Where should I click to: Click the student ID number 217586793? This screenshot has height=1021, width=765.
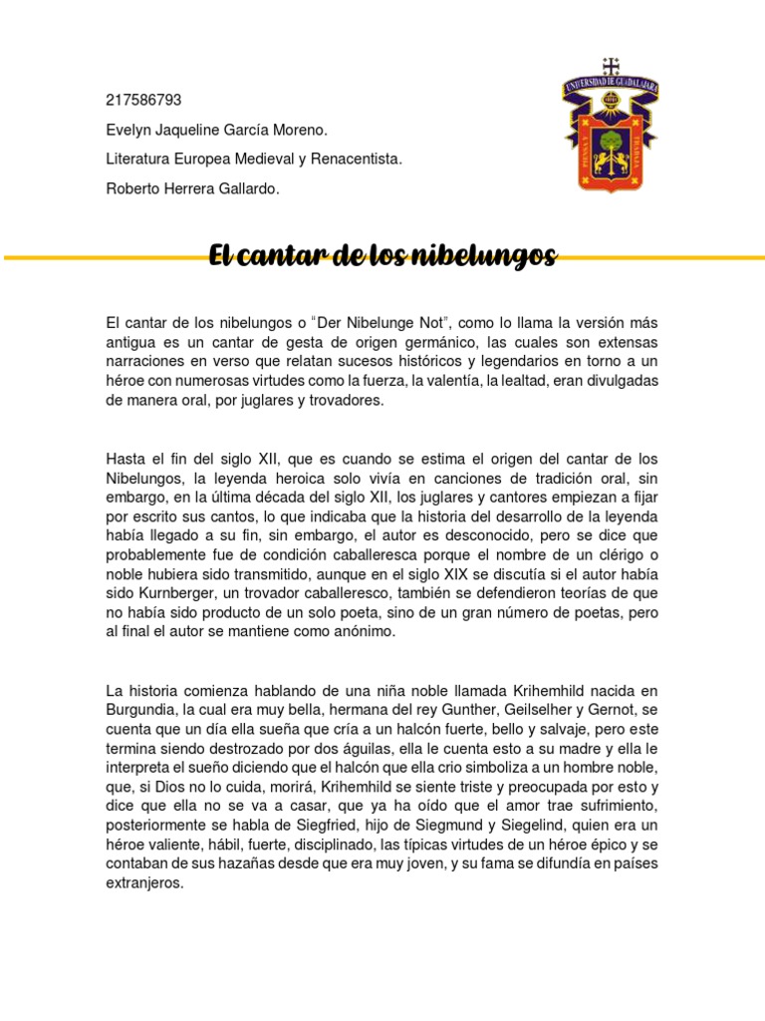coord(143,100)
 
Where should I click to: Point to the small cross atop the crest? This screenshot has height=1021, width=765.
coord(611,66)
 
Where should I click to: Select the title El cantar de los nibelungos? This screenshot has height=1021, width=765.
coord(382,257)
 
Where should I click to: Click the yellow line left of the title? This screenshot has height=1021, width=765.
coord(100,258)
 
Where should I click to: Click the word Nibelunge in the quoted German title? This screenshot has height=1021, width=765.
coord(387,323)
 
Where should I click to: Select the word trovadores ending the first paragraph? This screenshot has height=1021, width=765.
coord(347,401)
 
